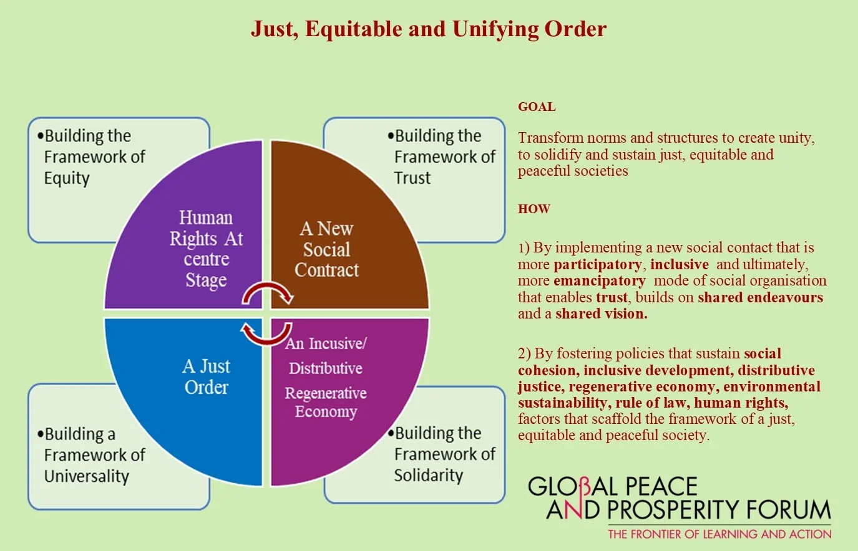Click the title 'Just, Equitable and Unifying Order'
point(429,29)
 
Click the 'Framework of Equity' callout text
point(94,156)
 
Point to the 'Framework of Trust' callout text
point(444,156)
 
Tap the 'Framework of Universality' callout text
point(94,455)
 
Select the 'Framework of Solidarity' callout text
point(444,454)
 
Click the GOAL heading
point(537,107)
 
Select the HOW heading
point(534,209)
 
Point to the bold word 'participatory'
point(598,264)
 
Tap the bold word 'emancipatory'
point(599,280)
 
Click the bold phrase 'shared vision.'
point(602,314)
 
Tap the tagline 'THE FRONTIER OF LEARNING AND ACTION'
point(719,534)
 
